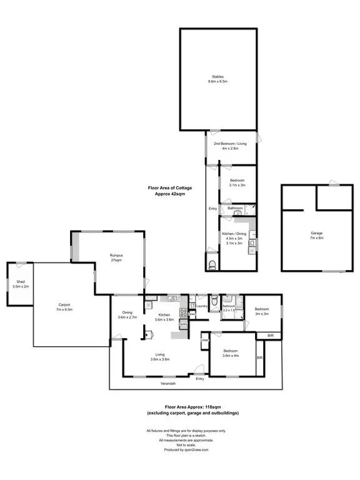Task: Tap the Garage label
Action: pos(317,233)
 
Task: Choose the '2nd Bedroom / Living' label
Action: pos(231,144)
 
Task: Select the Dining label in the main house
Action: pos(127,313)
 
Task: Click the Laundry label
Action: pos(201,306)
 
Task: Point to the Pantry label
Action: pos(184,324)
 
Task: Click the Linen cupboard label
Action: pos(204,340)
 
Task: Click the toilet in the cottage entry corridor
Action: pos(211,265)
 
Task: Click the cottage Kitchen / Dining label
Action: pos(235,233)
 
